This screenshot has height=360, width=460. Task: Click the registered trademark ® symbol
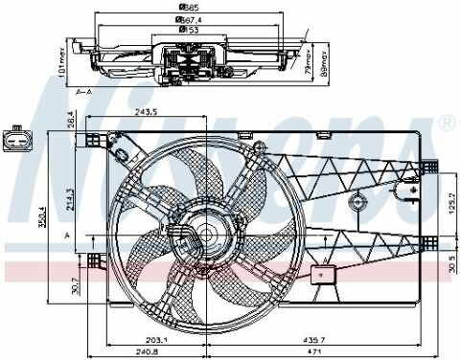coord(446,125)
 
